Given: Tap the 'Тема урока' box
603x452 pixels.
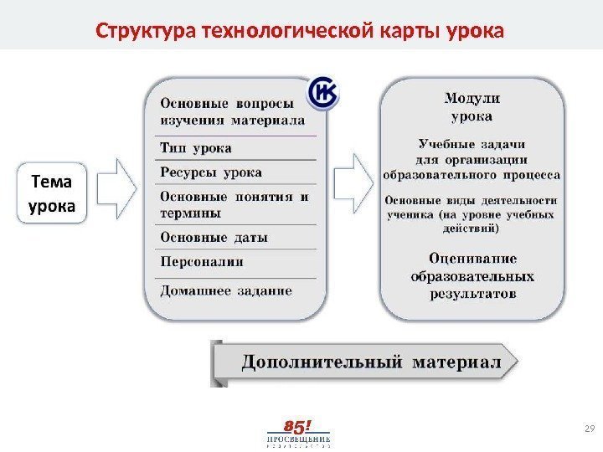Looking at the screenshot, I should click(x=52, y=194).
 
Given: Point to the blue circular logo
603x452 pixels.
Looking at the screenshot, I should click(x=324, y=95).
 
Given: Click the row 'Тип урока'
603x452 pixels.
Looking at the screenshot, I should click(x=196, y=148).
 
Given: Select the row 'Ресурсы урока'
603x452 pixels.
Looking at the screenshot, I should click(x=210, y=172).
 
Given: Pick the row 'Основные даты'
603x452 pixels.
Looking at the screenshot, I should click(x=214, y=238).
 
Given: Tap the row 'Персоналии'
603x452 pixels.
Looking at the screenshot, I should click(x=201, y=262).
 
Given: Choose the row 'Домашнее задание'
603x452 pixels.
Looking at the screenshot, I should click(x=226, y=291).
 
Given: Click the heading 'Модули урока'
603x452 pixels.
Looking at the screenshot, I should click(x=472, y=108).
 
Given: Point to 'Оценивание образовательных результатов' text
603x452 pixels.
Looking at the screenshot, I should click(x=473, y=276).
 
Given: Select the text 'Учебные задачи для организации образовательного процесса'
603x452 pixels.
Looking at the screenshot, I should click(x=472, y=159).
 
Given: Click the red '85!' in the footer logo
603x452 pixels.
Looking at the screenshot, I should click(x=298, y=425).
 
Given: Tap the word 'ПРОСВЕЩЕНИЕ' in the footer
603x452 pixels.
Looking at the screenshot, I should click(x=298, y=439).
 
